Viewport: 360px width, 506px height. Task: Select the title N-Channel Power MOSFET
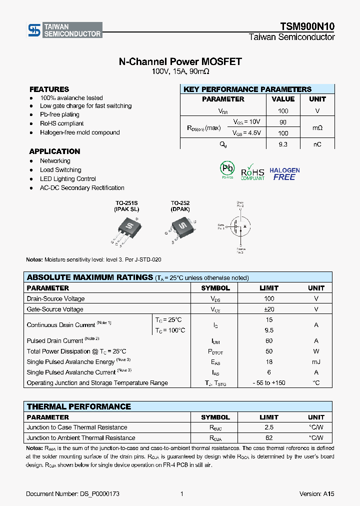[180, 61]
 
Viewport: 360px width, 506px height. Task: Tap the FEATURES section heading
[49, 89]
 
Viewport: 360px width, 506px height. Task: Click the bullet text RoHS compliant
[62, 123]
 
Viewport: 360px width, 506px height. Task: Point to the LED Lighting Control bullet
[68, 179]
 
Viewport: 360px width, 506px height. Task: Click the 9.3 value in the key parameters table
[283, 144]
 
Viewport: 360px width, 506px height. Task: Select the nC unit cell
[317, 144]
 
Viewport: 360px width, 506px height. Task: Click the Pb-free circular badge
[227, 169]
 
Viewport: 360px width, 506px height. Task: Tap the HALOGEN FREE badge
[284, 173]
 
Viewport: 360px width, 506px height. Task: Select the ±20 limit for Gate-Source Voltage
[269, 309]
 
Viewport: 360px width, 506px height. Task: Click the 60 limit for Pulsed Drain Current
[269, 341]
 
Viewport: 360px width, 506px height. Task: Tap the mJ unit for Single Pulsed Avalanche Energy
[316, 362]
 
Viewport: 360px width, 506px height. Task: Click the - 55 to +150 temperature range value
[269, 383]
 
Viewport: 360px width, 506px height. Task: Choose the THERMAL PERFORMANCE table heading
[78, 406]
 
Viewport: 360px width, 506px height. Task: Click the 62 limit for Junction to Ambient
[269, 438]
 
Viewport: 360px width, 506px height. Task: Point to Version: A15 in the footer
[316, 494]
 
